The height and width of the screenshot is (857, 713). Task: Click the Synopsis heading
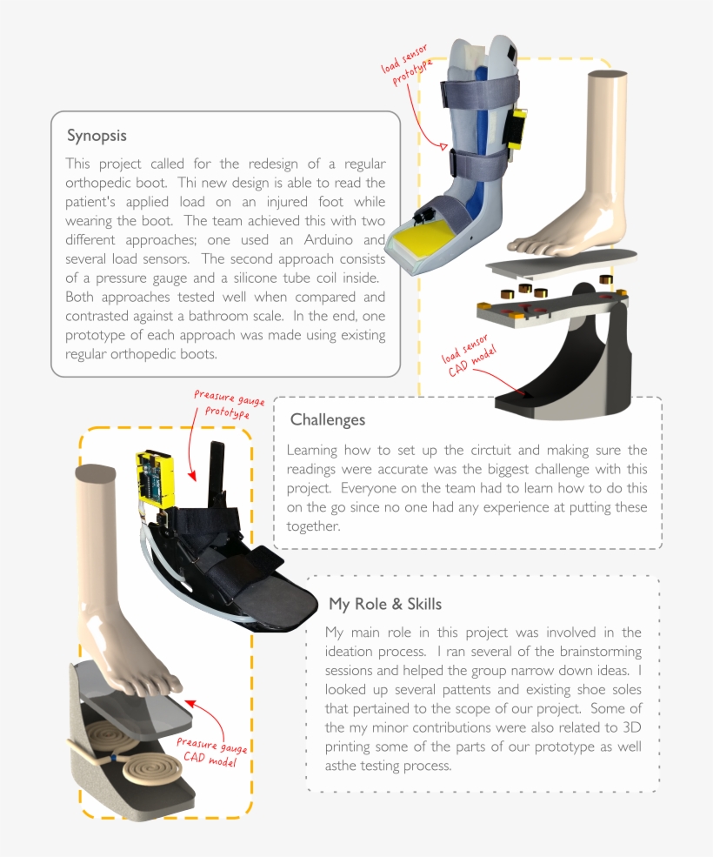coord(97,137)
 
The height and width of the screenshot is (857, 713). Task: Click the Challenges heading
coord(327,420)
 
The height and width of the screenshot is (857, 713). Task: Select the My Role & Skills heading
coord(384,604)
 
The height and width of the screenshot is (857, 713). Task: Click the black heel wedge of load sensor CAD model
coord(556,383)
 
